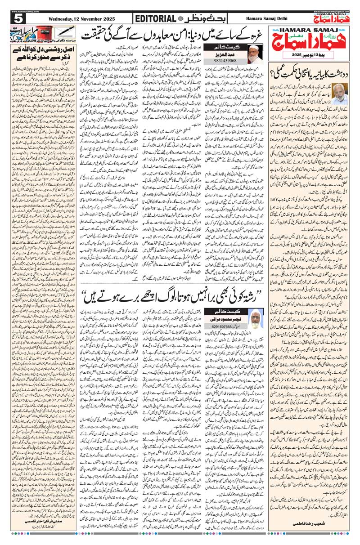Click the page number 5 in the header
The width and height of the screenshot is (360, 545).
18,18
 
